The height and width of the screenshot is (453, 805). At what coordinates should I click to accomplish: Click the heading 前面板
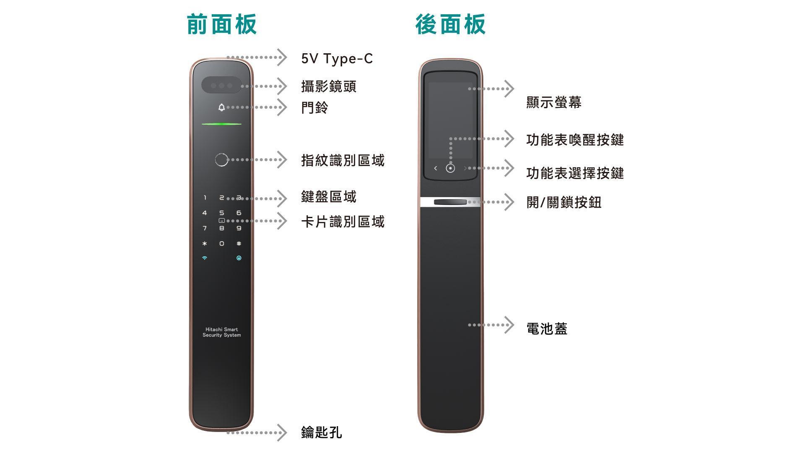pos(221,24)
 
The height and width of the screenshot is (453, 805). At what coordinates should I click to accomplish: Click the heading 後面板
pos(451,24)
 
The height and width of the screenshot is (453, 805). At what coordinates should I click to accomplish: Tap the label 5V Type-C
pos(337,59)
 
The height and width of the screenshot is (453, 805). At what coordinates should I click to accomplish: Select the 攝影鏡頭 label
pos(329,86)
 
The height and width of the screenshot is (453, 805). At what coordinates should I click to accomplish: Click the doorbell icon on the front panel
pos(221,107)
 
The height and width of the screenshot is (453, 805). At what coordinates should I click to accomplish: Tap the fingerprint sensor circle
pos(221,159)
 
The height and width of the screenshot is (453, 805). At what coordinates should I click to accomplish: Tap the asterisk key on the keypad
pos(205,243)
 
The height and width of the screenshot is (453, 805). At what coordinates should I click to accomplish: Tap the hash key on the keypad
pos(239,243)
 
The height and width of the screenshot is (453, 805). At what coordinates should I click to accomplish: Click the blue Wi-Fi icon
pos(205,258)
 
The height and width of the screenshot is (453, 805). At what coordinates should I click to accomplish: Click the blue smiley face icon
pos(239,258)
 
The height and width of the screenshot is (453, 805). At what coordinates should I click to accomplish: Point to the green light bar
pos(221,124)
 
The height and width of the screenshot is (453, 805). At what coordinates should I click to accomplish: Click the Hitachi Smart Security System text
pos(221,332)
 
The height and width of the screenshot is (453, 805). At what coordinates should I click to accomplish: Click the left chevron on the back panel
pos(436,168)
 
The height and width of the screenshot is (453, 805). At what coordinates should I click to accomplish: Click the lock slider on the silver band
pos(450,202)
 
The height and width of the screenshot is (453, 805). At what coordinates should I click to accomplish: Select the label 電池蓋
pos(547,328)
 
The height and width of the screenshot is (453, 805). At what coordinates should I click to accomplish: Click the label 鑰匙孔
pos(322,432)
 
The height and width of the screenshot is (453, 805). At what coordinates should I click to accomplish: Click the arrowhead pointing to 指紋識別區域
pos(283,160)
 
